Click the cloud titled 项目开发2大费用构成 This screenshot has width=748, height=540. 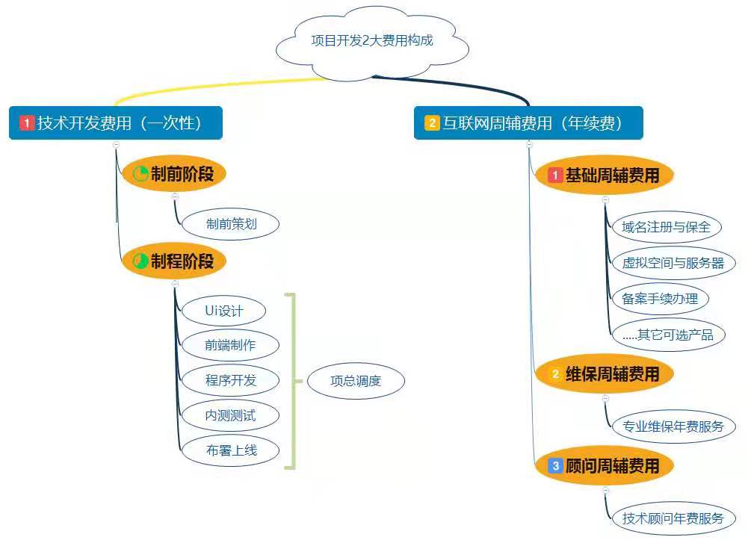click(x=371, y=41)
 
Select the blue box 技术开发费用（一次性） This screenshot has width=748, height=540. click(x=116, y=122)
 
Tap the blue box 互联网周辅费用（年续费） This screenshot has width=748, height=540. click(x=528, y=122)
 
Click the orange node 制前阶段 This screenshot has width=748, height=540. click(x=173, y=175)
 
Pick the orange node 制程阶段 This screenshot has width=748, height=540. click(x=173, y=261)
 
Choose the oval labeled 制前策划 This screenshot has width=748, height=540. click(x=231, y=223)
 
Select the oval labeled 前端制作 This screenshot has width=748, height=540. click(x=230, y=345)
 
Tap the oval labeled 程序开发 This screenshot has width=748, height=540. click(x=230, y=380)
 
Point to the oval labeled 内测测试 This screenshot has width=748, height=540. click(x=230, y=415)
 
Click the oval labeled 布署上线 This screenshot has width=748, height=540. click(x=230, y=450)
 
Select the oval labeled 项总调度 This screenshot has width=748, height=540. click(x=356, y=381)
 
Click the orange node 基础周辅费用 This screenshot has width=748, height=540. click(x=605, y=176)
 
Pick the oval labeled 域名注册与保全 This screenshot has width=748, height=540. click(x=666, y=227)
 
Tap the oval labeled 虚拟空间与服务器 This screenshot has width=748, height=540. click(x=673, y=263)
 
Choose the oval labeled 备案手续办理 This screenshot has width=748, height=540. click(x=660, y=299)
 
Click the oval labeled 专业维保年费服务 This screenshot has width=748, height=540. click(x=673, y=426)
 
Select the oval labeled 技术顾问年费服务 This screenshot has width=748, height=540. click(x=673, y=518)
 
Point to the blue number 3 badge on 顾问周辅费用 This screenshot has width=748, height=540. click(x=555, y=466)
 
